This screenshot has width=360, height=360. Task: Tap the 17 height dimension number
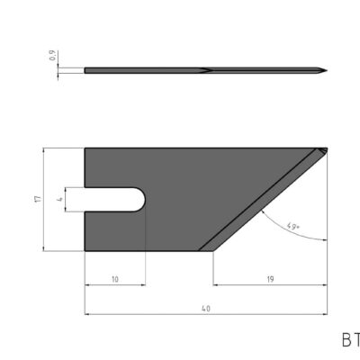click(37, 199)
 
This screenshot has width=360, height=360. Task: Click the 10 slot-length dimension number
click(114, 280)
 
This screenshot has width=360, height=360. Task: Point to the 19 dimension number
click(269, 280)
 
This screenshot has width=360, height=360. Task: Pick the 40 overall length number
click(205, 309)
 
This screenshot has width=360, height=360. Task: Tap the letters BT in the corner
click(350, 340)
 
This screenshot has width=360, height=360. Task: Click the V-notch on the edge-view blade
click(205, 70)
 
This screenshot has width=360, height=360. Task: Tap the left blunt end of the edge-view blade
click(85, 70)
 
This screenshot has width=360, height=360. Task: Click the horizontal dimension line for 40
click(162, 314)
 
